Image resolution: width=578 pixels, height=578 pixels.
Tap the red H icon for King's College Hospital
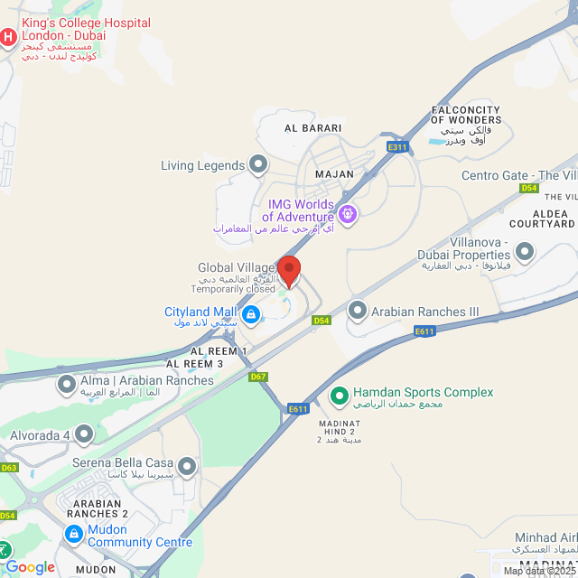[9, 37]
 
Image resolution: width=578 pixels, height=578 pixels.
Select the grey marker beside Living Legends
[259, 165]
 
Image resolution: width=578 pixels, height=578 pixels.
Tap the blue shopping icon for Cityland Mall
[251, 314]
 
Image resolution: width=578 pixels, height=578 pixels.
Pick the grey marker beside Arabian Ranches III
[358, 312]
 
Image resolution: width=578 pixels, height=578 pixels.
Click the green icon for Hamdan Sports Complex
[340, 394]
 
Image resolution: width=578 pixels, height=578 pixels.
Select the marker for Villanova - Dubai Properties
[524, 252]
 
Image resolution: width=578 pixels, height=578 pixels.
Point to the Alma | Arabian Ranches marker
[67, 386]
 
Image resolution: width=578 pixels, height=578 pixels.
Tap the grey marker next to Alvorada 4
[84, 435]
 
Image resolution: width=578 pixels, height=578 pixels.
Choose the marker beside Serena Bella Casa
[187, 467]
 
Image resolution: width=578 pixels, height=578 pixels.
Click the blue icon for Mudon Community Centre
[72, 536]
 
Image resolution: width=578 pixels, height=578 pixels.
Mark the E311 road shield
[396, 146]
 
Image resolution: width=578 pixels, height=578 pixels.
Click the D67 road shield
[258, 376]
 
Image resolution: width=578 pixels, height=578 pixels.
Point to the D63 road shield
[9, 468]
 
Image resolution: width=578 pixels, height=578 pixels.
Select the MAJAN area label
[333, 172]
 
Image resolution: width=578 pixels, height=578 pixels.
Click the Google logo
[31, 567]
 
